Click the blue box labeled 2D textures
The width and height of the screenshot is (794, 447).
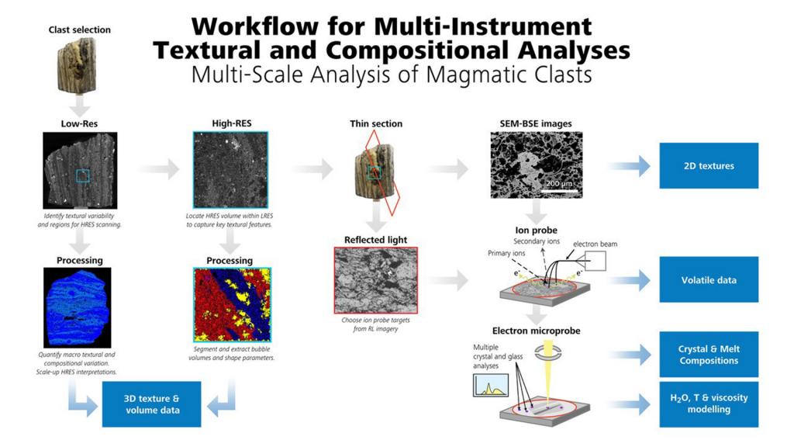(709, 165)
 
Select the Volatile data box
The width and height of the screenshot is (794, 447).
(709, 280)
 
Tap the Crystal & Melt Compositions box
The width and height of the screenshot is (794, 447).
(709, 355)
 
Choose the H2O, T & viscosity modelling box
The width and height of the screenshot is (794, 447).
(709, 404)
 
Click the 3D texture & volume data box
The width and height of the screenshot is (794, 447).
(151, 404)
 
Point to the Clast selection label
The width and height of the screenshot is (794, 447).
(80, 29)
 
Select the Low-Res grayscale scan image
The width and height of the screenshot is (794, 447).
(80, 171)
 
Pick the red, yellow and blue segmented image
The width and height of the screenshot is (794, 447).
(232, 304)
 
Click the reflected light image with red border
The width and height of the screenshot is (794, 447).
(375, 280)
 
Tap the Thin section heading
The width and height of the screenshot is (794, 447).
(376, 123)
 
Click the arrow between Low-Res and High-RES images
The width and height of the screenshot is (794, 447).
(161, 169)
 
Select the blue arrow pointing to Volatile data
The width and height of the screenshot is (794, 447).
(629, 280)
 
